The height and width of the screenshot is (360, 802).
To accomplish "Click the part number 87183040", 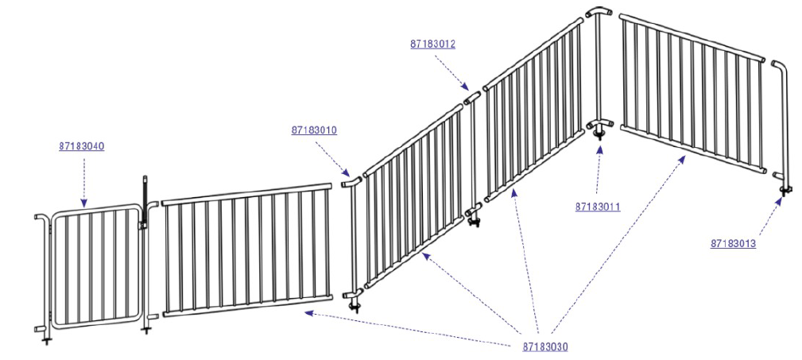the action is (81, 146).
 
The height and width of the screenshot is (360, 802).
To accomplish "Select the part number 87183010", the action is (314, 130).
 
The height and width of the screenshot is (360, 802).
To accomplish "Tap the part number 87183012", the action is (432, 44).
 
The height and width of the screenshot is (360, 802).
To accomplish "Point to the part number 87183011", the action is (598, 207).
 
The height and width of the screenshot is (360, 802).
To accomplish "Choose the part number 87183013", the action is (733, 243).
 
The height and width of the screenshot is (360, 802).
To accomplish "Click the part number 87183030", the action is (545, 346).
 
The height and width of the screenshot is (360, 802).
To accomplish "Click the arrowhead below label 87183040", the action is (84, 203).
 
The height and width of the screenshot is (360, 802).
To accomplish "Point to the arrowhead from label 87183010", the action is (347, 173).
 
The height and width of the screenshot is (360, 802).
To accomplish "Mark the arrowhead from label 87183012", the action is (465, 87).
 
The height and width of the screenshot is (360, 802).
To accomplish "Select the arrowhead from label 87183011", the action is (599, 149).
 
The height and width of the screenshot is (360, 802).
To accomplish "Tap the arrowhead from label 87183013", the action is (779, 201).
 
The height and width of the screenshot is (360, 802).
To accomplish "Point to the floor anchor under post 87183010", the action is (354, 307).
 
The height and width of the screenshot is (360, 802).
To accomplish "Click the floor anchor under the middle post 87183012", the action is (475, 222).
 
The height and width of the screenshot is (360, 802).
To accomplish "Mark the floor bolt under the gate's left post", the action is (47, 339).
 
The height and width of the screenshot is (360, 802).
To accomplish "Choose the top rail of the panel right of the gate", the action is (246, 195).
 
